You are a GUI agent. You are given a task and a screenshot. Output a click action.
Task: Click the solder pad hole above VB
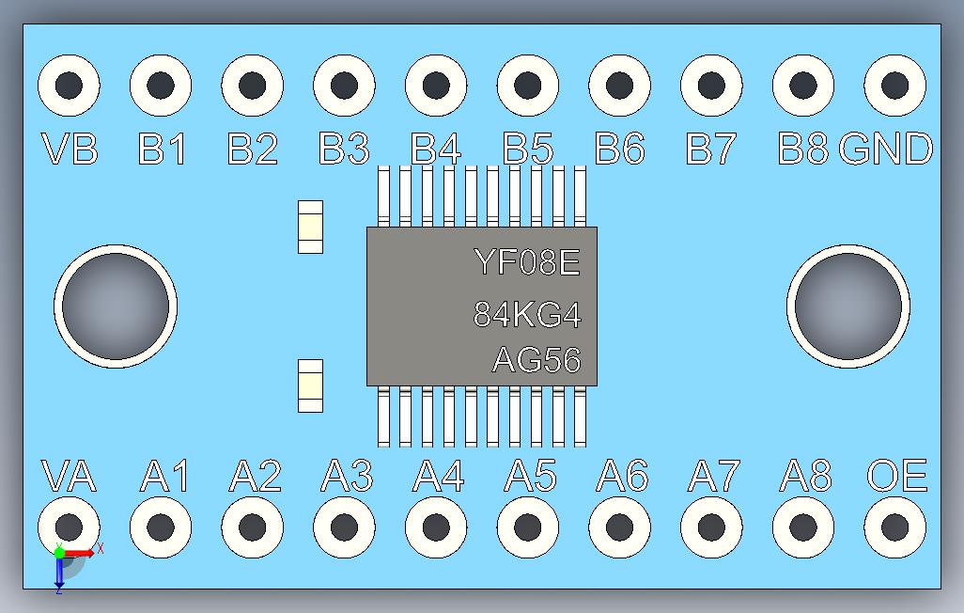69,86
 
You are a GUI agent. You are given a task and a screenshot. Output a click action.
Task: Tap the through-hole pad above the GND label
894,86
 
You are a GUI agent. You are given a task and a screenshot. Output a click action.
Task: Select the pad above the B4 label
436,86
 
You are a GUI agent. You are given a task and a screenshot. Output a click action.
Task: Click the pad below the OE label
894,527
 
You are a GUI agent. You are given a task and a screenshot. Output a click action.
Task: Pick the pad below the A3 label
344,527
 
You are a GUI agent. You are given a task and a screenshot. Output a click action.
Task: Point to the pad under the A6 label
620,527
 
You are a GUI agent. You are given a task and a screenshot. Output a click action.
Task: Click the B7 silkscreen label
712,149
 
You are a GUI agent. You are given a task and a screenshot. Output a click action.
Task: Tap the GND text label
886,149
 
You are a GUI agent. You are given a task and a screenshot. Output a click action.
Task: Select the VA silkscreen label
69,477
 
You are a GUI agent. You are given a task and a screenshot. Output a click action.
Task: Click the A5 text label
530,477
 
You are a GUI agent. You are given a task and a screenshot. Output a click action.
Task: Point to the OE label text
896,477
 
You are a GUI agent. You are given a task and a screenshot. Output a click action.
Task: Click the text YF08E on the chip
526,261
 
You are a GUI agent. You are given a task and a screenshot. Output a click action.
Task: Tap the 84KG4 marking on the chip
526,314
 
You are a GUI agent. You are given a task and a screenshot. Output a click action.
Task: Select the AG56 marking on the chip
536,360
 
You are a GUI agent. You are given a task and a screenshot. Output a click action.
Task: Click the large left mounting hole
116,306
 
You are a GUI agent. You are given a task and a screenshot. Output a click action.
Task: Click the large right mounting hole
847,306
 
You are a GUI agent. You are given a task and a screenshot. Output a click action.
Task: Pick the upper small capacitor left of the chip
310,227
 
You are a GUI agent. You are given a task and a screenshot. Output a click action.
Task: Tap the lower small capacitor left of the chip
310,385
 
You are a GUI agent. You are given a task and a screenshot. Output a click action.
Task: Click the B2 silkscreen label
253,149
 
